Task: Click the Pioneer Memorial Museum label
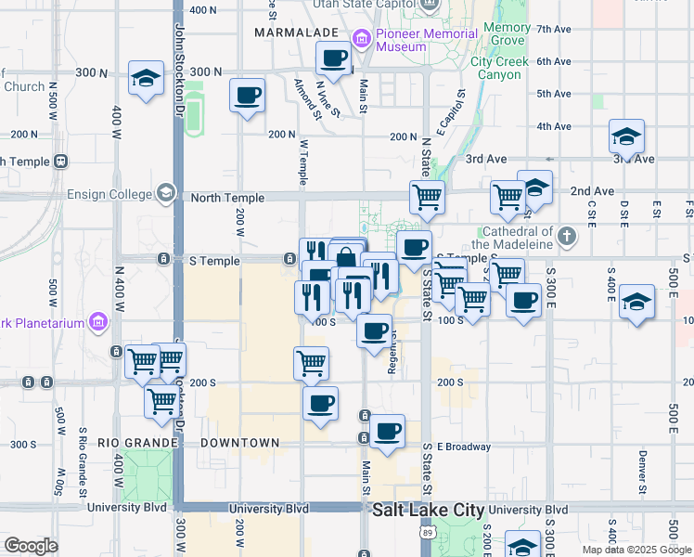[x=401, y=40]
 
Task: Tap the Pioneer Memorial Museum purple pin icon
[x=361, y=38]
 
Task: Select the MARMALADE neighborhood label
[x=296, y=32]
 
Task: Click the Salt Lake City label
[x=429, y=511]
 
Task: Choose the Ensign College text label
[x=116, y=194]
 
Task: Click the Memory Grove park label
[x=507, y=34]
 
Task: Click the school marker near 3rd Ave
[x=627, y=137]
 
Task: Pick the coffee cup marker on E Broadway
[x=387, y=431]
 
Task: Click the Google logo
[x=31, y=546]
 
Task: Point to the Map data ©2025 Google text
[x=636, y=550]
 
